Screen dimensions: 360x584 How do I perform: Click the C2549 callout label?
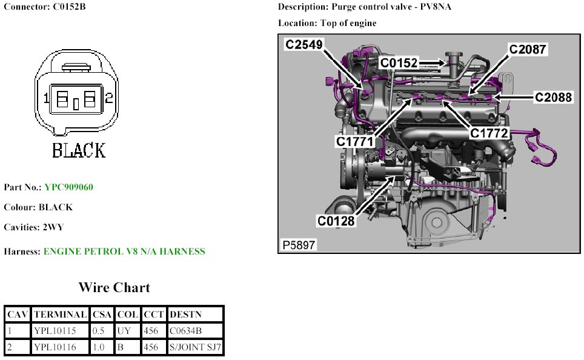(304, 44)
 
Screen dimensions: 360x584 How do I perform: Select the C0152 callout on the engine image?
(399, 62)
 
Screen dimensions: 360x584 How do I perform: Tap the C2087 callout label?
(527, 50)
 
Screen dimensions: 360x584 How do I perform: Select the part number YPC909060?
(68, 187)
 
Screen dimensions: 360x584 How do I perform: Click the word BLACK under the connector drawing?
(79, 150)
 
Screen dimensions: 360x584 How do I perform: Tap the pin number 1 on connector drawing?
(45, 98)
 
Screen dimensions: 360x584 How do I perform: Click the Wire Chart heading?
(114, 287)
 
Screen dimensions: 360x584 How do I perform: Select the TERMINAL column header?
(60, 315)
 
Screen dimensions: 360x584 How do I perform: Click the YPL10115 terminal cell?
(55, 331)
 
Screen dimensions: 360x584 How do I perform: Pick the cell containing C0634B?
(186, 331)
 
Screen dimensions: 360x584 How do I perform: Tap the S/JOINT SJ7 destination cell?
(196, 347)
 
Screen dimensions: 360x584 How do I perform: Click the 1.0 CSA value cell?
(99, 347)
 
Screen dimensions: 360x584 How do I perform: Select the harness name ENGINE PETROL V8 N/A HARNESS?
(124, 251)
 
